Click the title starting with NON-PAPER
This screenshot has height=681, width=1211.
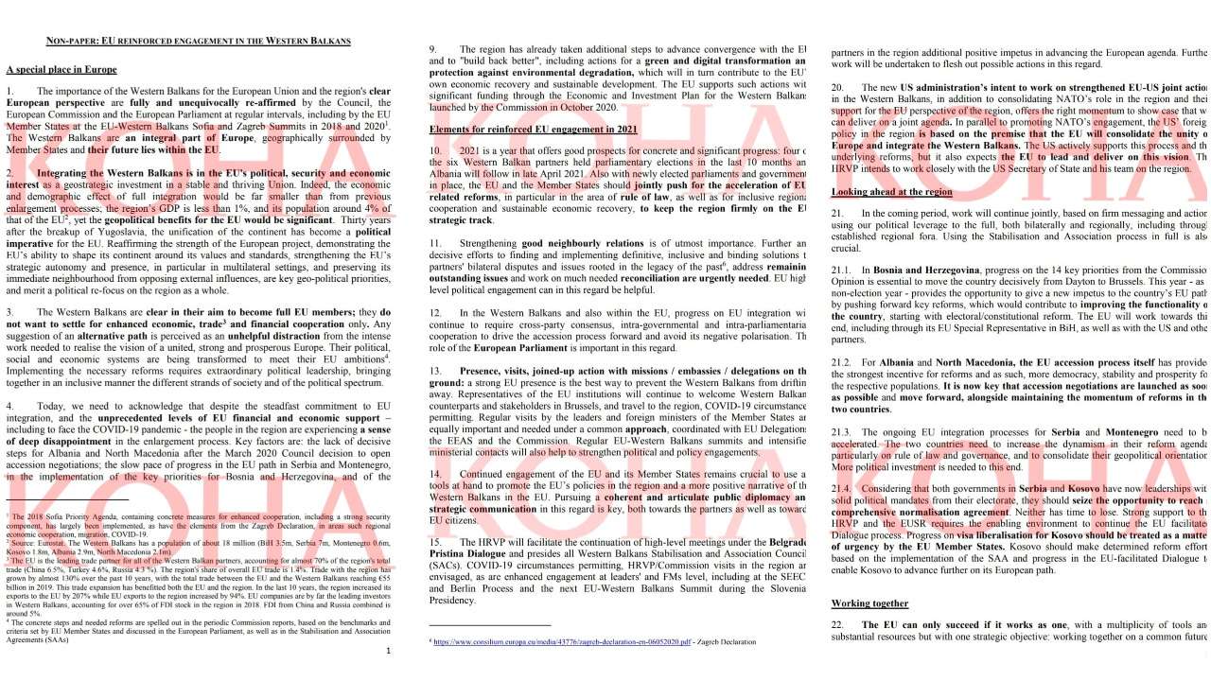199,42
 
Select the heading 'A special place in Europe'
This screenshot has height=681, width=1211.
61,70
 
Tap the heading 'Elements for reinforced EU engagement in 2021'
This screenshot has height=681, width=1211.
533,129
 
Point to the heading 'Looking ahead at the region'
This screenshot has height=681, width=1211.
892,191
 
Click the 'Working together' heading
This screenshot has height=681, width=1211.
869,603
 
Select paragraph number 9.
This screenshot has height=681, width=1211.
433,49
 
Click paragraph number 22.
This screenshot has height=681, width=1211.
837,625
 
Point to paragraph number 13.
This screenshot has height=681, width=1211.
436,371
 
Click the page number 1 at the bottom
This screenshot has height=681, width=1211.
389,651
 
